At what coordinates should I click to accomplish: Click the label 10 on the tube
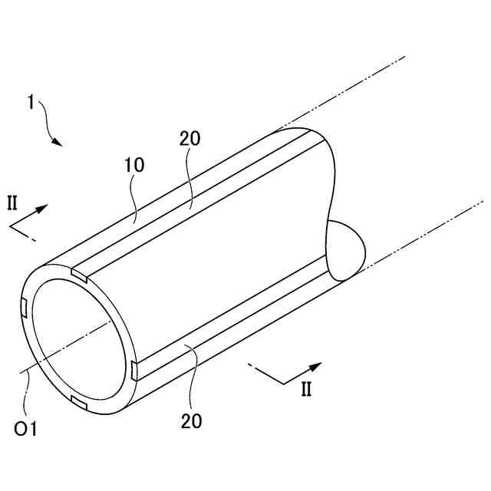pos(133,165)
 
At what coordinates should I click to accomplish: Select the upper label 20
pos(189,139)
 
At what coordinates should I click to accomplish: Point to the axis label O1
pos(26,430)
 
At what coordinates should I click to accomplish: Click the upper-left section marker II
pos(12,203)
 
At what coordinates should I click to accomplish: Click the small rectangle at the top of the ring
pos(79,273)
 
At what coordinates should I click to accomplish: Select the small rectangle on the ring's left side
pos(25,308)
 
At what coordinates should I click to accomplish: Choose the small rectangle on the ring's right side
pos(134,371)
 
